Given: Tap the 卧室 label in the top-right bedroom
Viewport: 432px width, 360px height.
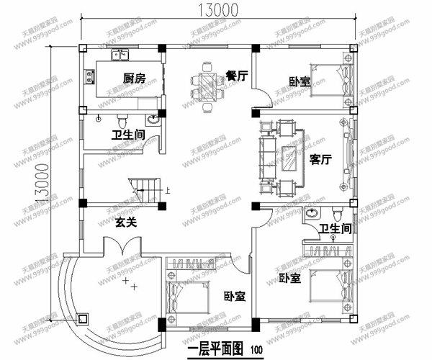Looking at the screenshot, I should click(x=300, y=81).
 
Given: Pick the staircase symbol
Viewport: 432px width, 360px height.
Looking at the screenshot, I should click(x=145, y=189).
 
